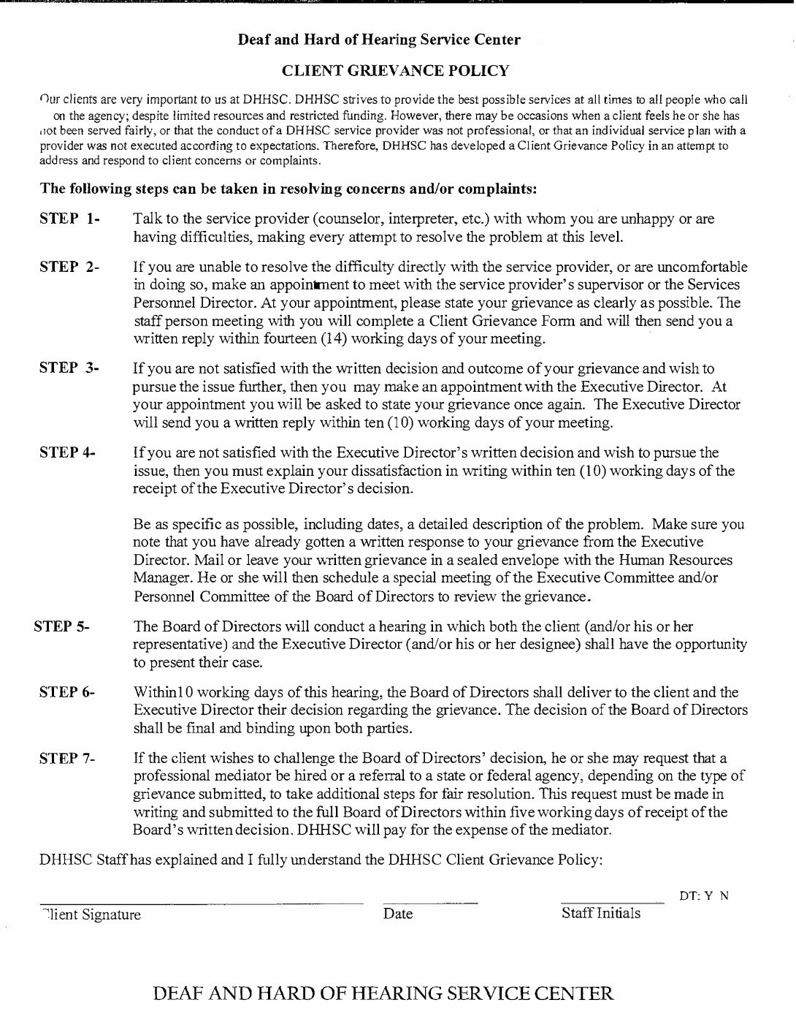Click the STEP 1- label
coord(69,219)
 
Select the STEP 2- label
coord(69,266)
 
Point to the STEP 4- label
coord(68,452)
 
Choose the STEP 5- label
coord(62,626)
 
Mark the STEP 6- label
coord(67,691)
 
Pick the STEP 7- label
coord(67,758)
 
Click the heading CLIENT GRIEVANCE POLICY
coord(395,70)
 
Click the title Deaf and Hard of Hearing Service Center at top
coord(379,39)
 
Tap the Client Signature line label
coord(92,914)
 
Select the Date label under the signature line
coord(398,914)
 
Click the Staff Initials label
coord(600,913)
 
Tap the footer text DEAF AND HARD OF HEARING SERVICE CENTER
coord(383,993)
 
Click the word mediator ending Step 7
coord(581,830)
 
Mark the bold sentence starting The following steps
coord(288,189)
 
